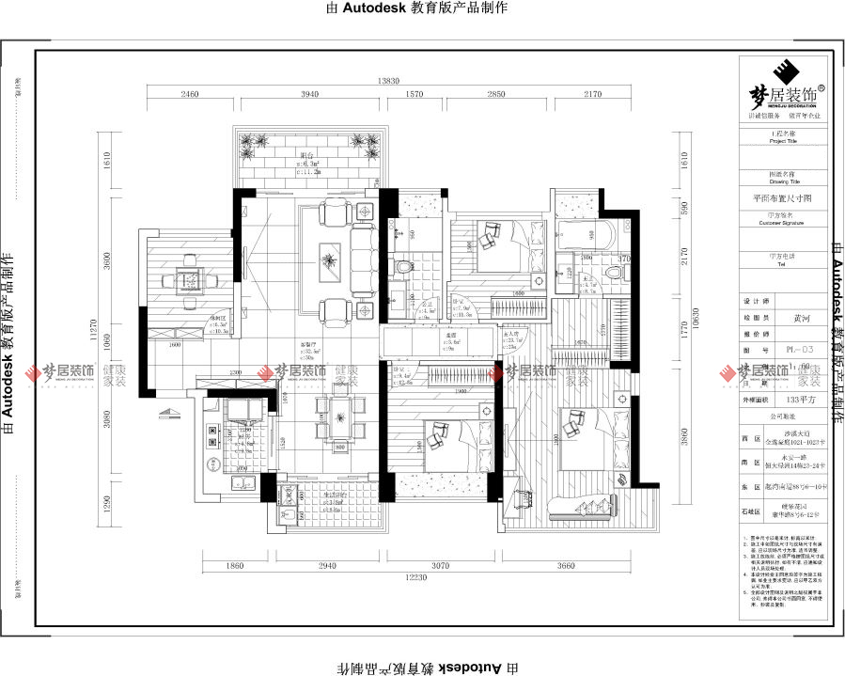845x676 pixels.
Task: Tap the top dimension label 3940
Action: (309, 95)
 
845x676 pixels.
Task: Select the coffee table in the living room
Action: (330, 255)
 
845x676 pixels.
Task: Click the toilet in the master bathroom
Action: (616, 272)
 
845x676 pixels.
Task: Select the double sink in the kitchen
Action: (238, 485)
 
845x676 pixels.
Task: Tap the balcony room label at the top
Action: (306, 155)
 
